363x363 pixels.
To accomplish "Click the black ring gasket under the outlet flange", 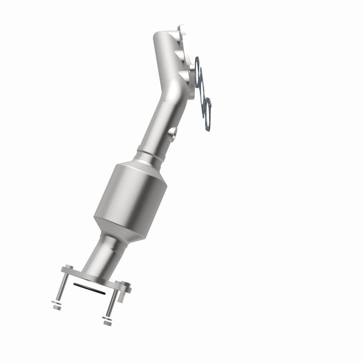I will click(89, 289).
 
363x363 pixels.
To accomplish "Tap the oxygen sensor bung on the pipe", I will click(172, 132).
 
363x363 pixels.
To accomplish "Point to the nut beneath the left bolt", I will click(57, 307).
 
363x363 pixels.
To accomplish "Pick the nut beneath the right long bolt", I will click(108, 323).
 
